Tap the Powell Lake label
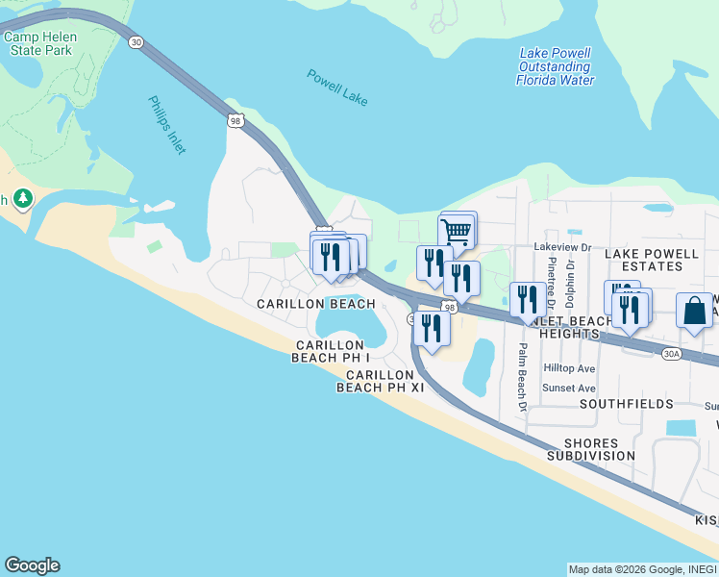(x=337, y=88)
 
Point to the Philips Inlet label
(x=167, y=124)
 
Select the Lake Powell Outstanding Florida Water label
(x=555, y=66)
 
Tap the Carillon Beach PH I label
(x=330, y=351)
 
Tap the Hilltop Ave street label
(x=569, y=368)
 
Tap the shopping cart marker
(x=457, y=230)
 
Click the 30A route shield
(x=672, y=354)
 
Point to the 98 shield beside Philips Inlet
(x=236, y=120)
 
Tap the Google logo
(x=32, y=564)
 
